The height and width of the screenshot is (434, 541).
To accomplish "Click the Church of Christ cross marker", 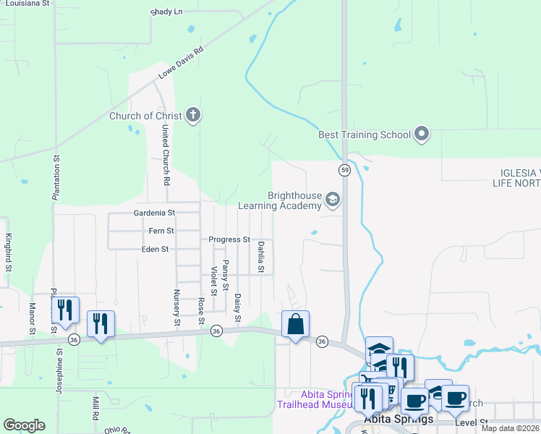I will pyautogui.click(x=192, y=114).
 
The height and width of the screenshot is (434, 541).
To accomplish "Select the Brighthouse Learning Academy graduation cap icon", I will pyautogui.click(x=333, y=200).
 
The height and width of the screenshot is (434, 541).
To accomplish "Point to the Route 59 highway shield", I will pyautogui.click(x=345, y=169).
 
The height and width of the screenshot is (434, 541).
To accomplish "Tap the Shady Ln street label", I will pyautogui.click(x=167, y=12).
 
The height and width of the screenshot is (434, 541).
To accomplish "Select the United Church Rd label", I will pyautogui.click(x=166, y=153).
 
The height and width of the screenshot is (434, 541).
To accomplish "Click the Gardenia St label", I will pyautogui.click(x=155, y=213).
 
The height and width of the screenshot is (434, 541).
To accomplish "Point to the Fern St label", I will pyautogui.click(x=161, y=231).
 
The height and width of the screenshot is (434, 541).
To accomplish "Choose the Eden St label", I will pyautogui.click(x=155, y=249).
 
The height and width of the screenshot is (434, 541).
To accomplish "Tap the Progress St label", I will pyautogui.click(x=229, y=239).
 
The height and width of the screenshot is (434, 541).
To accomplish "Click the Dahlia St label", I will pyautogui.click(x=260, y=258).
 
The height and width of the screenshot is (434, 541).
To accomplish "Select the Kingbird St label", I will pyautogui.click(x=9, y=252).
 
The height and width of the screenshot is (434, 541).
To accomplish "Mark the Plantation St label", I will pyautogui.click(x=55, y=177).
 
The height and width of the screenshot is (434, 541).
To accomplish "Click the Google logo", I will pyautogui.click(x=24, y=425).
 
